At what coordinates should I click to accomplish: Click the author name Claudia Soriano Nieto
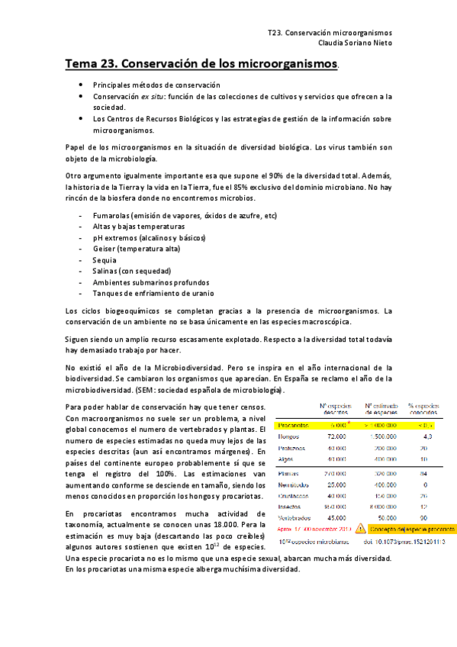345,43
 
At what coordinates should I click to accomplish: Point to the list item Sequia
105,260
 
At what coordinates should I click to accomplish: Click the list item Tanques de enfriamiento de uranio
153,293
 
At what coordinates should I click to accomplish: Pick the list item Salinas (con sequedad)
132,271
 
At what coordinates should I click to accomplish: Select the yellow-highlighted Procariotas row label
294,425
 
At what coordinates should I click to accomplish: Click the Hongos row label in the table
290,436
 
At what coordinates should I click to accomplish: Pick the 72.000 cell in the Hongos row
336,436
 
